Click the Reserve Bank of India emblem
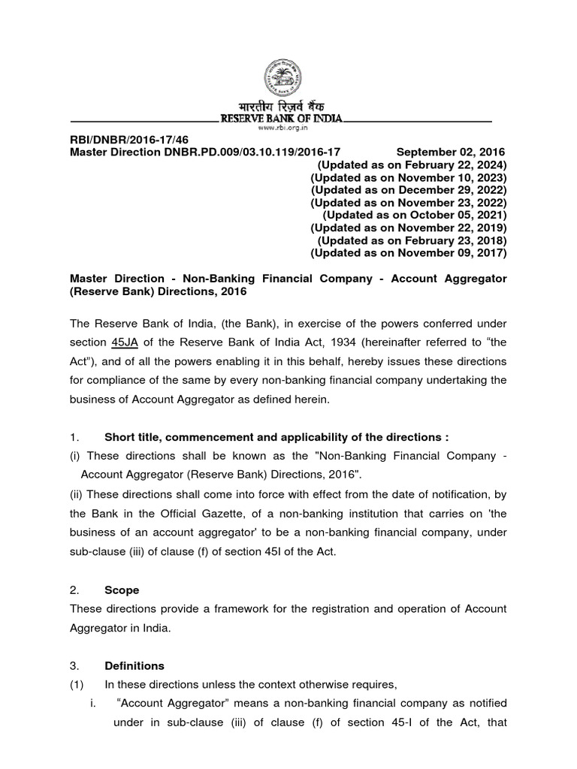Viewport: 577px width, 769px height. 280,78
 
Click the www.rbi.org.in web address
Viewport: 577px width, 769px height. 280,128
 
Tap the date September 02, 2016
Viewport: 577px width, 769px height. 451,152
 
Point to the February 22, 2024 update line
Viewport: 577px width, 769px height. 412,164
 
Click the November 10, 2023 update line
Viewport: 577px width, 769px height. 409,177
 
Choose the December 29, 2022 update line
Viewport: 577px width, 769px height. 409,190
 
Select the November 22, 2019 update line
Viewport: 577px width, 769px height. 409,228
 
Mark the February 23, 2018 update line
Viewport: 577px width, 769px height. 412,240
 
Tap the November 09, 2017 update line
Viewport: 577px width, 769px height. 409,253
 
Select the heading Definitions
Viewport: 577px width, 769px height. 134,665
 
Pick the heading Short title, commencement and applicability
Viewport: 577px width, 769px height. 282,437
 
